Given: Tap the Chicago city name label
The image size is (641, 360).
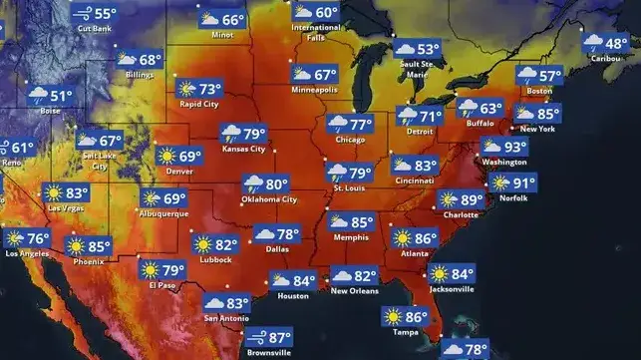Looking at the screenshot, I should (x=350, y=140).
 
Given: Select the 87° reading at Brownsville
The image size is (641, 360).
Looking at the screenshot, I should (x=268, y=338).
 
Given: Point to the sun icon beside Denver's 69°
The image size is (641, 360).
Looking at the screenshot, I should (x=166, y=157).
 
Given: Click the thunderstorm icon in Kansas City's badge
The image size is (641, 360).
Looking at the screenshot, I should (x=230, y=134).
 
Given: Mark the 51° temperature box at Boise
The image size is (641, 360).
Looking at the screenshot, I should (x=50, y=97).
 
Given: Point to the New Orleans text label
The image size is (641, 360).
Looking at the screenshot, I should (x=354, y=291).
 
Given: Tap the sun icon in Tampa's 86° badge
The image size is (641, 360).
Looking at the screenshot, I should (x=391, y=318).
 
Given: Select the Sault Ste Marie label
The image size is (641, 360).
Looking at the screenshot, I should (x=414, y=69).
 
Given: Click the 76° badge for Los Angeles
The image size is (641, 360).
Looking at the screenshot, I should (x=26, y=239).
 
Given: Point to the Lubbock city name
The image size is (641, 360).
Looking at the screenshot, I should (x=214, y=260).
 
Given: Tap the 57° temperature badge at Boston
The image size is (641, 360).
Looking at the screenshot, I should (x=538, y=76).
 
